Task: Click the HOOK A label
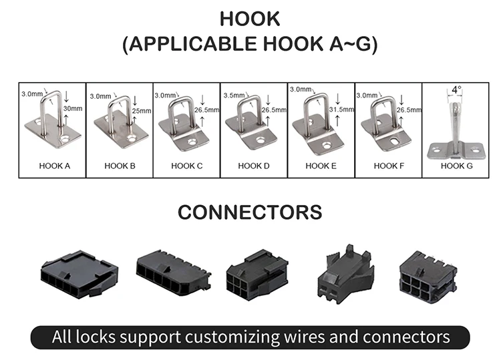[x=51, y=166]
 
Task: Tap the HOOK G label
[x=457, y=166]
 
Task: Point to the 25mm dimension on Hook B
[x=142, y=110]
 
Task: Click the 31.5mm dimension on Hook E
[x=342, y=109]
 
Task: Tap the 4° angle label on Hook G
[x=456, y=89]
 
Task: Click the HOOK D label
[x=254, y=166]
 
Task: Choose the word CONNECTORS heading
[x=250, y=212]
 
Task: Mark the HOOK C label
[x=186, y=166]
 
